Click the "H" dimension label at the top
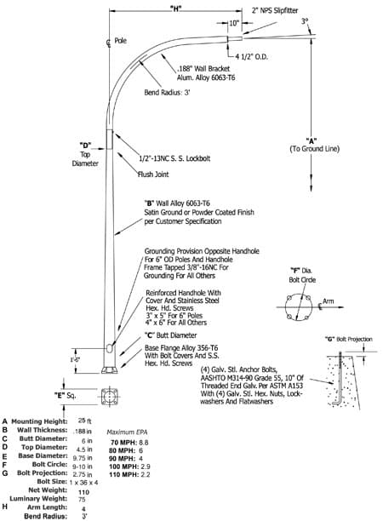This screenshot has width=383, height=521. (175, 9)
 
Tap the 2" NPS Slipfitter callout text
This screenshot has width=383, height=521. (274, 10)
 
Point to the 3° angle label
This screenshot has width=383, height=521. (305, 21)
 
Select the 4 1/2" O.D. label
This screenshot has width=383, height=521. (251, 57)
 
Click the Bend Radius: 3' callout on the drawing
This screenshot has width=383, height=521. (167, 93)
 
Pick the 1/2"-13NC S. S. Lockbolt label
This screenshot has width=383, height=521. (174, 158)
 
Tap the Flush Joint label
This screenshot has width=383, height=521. (153, 175)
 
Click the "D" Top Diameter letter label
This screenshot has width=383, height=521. (85, 146)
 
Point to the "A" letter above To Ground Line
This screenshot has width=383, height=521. (312, 140)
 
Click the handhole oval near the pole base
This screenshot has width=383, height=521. (110, 348)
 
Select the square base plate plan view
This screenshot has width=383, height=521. (110, 397)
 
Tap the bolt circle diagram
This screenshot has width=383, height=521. (299, 307)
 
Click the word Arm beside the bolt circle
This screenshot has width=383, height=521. (329, 301)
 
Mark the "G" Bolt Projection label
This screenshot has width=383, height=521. (348, 340)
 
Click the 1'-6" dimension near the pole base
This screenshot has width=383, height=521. (75, 359)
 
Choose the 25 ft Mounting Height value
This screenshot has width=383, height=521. (85, 421)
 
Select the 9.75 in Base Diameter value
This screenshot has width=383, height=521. (83, 457)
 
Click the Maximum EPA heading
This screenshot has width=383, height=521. (127, 432)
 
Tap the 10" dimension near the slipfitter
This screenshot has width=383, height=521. (234, 23)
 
